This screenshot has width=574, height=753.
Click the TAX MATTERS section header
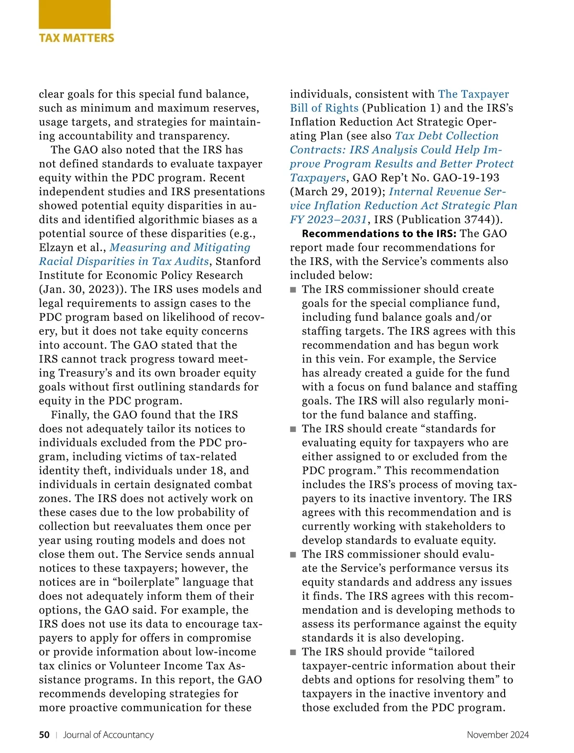tap(77, 38)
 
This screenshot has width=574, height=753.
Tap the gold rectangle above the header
tap(75, 14)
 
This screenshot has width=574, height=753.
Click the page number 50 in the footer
tap(44, 735)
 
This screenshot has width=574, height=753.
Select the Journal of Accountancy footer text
tap(109, 735)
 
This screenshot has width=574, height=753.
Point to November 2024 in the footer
tap(497, 735)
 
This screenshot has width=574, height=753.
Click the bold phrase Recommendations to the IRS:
tap(379, 234)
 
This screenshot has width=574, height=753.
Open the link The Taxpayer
tap(474, 94)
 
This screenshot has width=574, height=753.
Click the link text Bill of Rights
tap(324, 108)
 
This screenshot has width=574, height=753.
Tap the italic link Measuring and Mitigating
tap(180, 248)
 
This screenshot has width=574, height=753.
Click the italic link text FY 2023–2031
tap(328, 219)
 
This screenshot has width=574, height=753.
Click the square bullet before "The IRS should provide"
tap(293, 653)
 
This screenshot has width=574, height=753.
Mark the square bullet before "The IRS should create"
tap(293, 429)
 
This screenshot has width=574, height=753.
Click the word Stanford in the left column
tap(238, 262)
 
